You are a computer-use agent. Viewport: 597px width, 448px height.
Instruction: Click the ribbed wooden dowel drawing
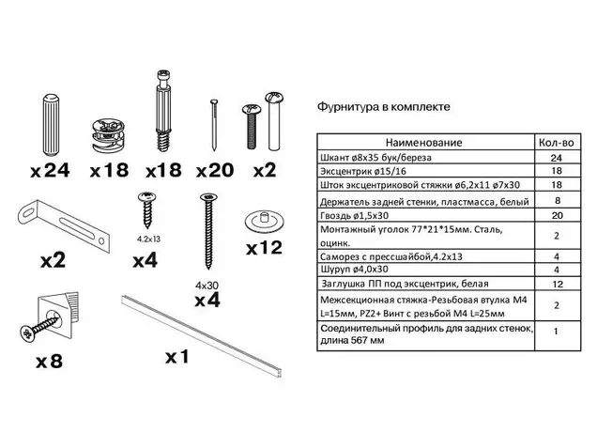click(x=50, y=126)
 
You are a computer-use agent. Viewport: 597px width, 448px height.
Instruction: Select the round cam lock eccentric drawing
click(x=109, y=135)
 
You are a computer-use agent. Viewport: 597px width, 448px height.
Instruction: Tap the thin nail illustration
click(x=214, y=125)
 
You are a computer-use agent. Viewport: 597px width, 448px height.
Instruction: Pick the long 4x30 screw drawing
click(x=208, y=231)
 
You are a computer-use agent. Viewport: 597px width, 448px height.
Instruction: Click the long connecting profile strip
click(x=202, y=335)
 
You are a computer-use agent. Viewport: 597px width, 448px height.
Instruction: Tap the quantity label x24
click(x=50, y=170)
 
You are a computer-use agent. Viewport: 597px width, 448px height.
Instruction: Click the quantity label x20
click(x=215, y=170)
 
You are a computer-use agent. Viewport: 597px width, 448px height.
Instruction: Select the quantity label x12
click(x=264, y=248)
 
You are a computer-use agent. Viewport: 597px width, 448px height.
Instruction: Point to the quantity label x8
click(x=49, y=362)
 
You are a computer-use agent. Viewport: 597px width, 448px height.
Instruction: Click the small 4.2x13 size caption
click(x=149, y=239)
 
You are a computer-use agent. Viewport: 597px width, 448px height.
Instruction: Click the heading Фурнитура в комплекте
click(x=383, y=107)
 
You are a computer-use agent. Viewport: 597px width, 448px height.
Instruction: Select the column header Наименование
click(x=423, y=143)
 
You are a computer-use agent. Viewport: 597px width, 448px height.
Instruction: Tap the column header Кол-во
click(x=557, y=143)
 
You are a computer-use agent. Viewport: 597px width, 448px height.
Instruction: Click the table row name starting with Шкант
click(x=375, y=158)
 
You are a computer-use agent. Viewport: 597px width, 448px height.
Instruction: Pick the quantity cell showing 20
click(x=557, y=216)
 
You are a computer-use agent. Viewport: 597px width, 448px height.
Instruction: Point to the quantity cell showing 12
click(x=558, y=285)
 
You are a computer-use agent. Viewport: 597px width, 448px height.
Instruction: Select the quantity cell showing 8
click(x=558, y=201)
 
